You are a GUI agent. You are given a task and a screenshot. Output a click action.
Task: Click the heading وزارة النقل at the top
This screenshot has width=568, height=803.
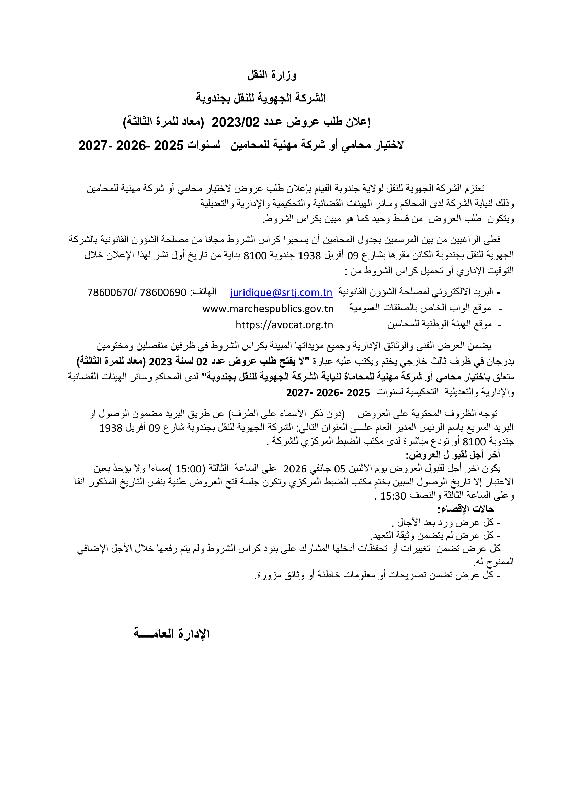(272, 75)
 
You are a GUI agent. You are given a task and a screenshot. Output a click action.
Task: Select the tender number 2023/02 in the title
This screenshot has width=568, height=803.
(235, 122)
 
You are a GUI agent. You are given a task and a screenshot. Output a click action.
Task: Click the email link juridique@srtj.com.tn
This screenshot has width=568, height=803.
(281, 292)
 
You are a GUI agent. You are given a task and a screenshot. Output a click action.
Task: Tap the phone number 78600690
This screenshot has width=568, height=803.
(163, 292)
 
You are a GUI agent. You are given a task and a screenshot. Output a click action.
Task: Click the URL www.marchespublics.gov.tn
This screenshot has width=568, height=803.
(268, 309)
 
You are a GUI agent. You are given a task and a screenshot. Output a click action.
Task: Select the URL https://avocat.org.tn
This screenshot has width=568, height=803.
(284, 325)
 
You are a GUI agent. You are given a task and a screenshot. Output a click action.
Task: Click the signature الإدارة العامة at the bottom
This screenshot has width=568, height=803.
(171, 633)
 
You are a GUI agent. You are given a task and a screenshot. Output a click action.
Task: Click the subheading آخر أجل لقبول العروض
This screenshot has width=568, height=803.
(453, 455)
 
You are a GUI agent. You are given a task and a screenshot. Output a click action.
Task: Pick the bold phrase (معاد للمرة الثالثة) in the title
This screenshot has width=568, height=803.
(163, 122)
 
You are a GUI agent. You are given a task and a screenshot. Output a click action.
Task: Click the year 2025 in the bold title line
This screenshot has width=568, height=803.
(169, 146)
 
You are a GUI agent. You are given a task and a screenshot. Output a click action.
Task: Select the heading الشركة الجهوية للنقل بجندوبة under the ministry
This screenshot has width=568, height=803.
(261, 98)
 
